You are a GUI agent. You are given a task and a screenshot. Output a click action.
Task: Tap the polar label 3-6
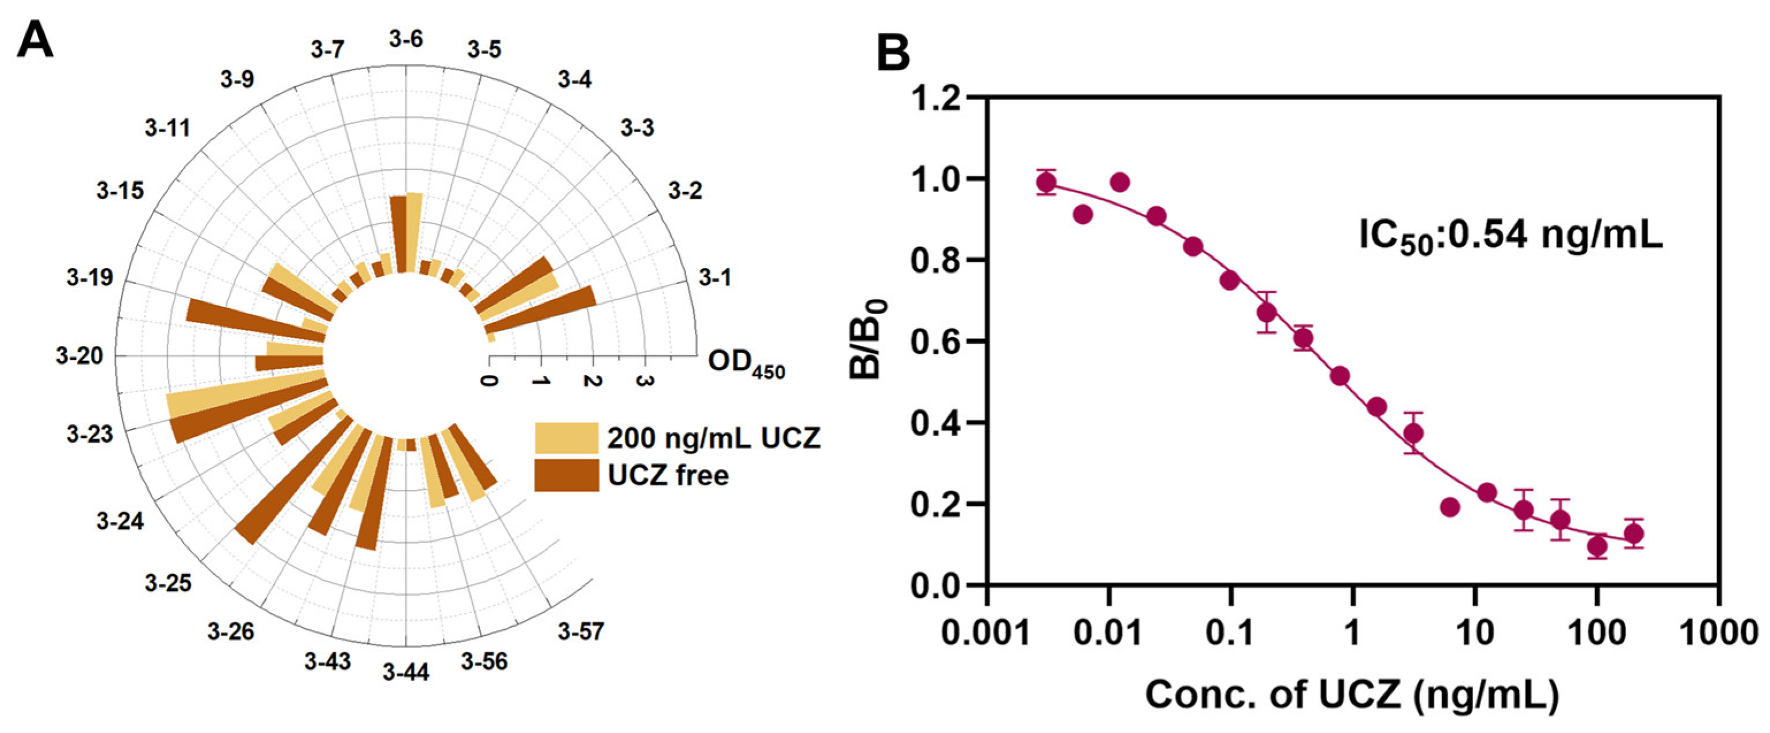(x=406, y=39)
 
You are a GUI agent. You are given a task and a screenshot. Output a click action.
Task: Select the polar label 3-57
(x=580, y=631)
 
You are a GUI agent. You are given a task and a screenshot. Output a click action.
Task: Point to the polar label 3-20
(x=80, y=356)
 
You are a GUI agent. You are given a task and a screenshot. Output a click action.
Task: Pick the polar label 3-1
(x=715, y=278)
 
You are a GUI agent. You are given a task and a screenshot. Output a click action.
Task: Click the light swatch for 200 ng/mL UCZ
(x=567, y=438)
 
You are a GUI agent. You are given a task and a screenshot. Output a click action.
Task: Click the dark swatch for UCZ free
(x=567, y=475)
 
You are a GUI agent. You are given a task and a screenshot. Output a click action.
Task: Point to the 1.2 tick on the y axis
(x=977, y=98)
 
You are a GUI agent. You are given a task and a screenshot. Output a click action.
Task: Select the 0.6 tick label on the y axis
(x=935, y=341)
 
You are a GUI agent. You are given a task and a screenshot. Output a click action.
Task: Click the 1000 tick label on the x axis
(x=1718, y=632)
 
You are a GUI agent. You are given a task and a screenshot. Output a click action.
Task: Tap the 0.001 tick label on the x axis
(x=987, y=632)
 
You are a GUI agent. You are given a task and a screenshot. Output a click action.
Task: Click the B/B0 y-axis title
(x=869, y=340)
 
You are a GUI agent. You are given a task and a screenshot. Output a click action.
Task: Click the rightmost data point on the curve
(x=1634, y=533)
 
